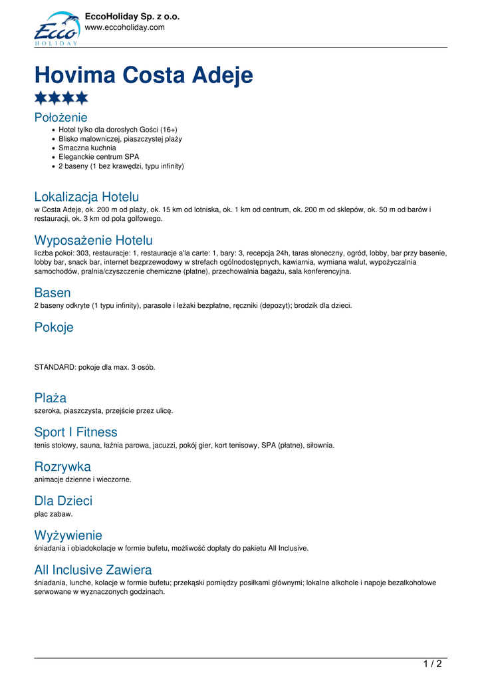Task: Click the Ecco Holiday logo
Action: coord(57,29)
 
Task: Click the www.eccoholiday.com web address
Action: coord(124,27)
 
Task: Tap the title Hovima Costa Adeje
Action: coord(144,74)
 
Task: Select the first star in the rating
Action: coord(41,98)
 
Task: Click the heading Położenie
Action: coord(60,118)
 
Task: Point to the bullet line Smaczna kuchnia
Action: coord(87,148)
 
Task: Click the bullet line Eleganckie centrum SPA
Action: coord(99,157)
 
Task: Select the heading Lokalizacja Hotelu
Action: coord(86,197)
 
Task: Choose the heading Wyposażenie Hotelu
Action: coord(93,240)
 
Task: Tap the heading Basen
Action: coord(53,293)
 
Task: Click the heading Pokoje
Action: coord(54,327)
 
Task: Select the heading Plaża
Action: coord(51,398)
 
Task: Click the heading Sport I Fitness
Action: coord(76,432)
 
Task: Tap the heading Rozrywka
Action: coord(62,466)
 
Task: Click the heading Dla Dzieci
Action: coord(63,501)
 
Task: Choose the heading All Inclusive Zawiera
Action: coord(93,570)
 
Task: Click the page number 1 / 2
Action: coord(432,663)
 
